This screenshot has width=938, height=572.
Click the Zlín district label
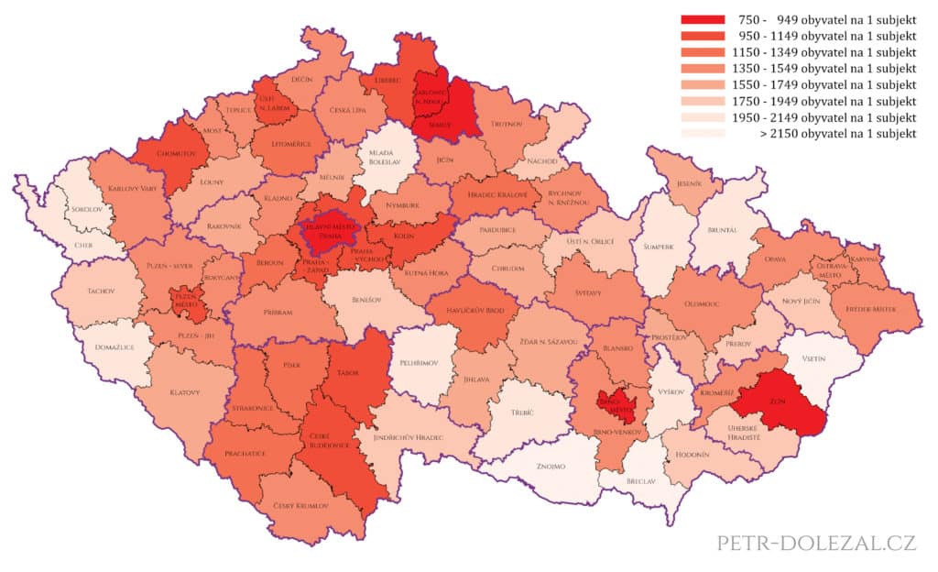pos(776,400)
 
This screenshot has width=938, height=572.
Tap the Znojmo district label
pos(551,467)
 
